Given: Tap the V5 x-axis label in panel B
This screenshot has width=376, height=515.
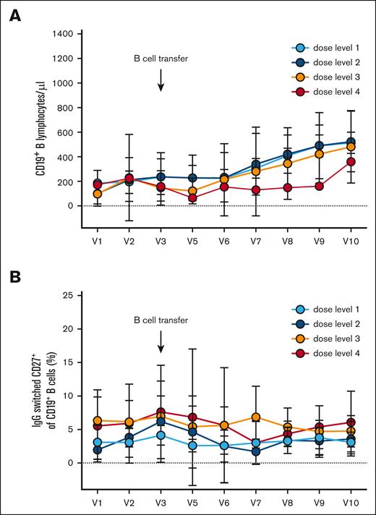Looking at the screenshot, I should pyautogui.click(x=192, y=501).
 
